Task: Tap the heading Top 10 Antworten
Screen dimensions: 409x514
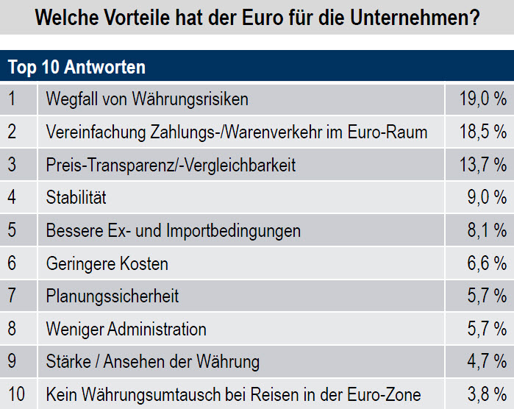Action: point(76,67)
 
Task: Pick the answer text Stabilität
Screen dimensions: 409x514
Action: point(76,198)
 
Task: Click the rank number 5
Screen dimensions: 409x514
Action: point(12,230)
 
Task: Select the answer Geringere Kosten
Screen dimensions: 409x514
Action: point(107,263)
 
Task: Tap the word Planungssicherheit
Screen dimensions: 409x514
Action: point(113,296)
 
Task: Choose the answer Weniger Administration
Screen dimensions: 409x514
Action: point(126,329)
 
